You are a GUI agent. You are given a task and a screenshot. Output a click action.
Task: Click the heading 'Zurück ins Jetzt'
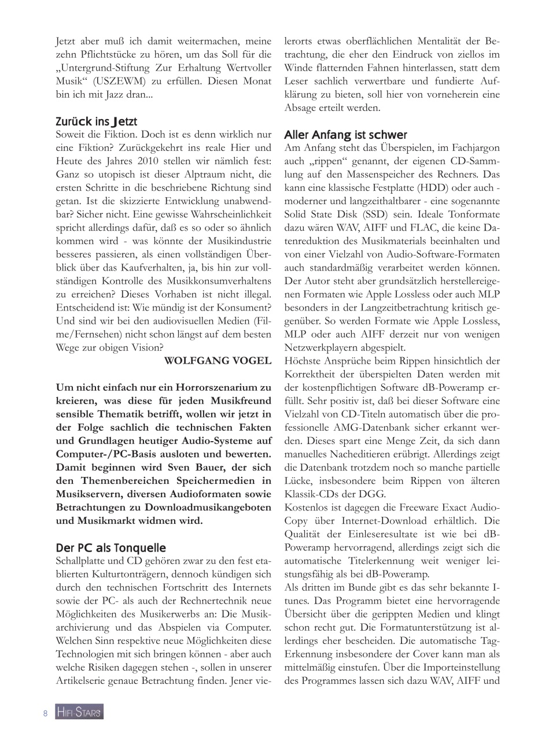click(x=96, y=121)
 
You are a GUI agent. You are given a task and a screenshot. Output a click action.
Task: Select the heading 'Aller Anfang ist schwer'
click(x=345, y=135)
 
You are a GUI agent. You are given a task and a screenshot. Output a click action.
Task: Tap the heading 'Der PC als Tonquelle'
click(x=111, y=547)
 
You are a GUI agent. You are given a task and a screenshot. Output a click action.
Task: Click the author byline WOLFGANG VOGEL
click(x=218, y=361)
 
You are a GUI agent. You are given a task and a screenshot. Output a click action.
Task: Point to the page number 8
click(x=45, y=713)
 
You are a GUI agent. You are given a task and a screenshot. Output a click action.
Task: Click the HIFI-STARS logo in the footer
click(x=79, y=712)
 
